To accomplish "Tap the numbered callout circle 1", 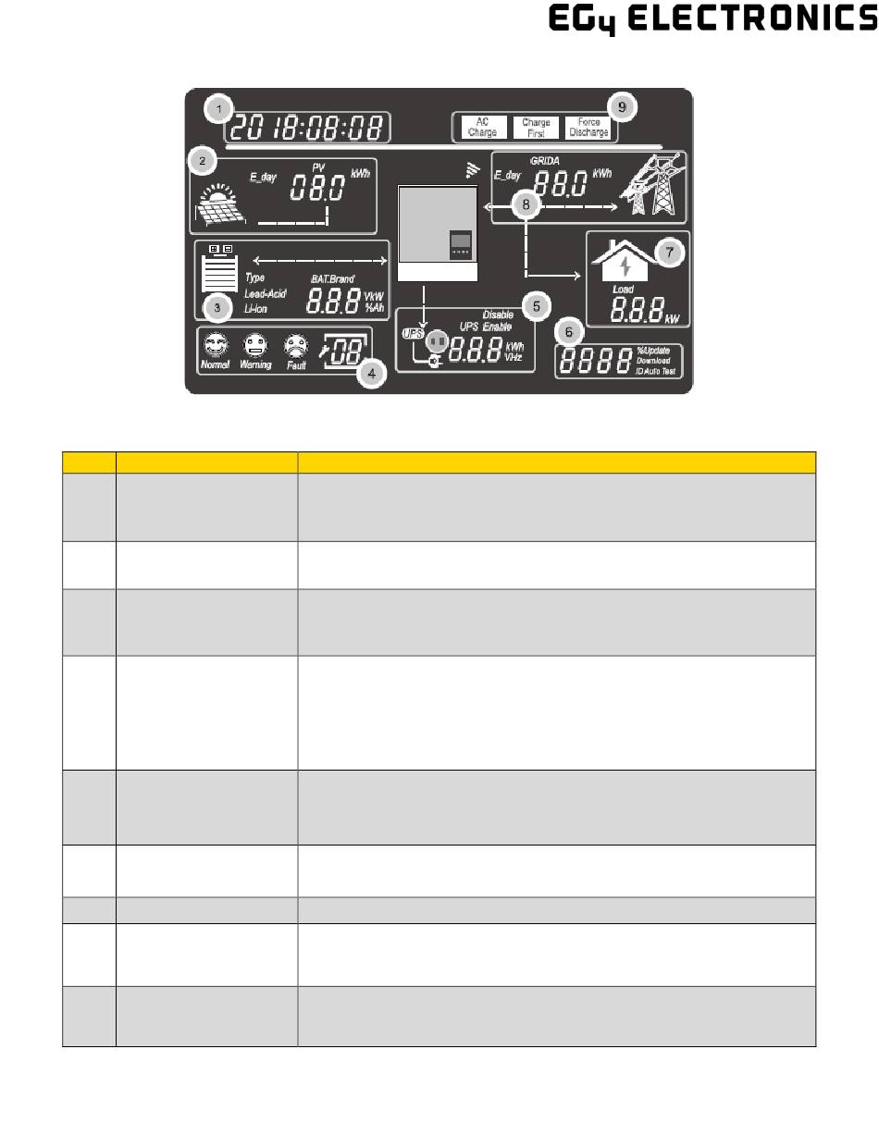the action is (217, 109).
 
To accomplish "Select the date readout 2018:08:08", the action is (311, 128).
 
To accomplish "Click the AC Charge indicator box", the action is (481, 127).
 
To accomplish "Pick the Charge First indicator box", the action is (536, 128).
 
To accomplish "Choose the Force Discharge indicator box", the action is (588, 127).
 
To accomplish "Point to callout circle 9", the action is (623, 107).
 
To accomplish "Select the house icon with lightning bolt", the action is (626, 262).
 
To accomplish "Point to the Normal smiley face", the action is (215, 346).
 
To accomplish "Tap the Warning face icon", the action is (254, 346).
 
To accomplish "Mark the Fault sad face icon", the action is (296, 346).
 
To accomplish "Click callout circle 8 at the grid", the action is (526, 204).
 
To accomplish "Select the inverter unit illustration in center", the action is (438, 233).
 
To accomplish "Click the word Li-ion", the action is (256, 309).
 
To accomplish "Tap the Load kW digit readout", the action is (636, 308).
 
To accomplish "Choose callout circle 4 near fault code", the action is (371, 374).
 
